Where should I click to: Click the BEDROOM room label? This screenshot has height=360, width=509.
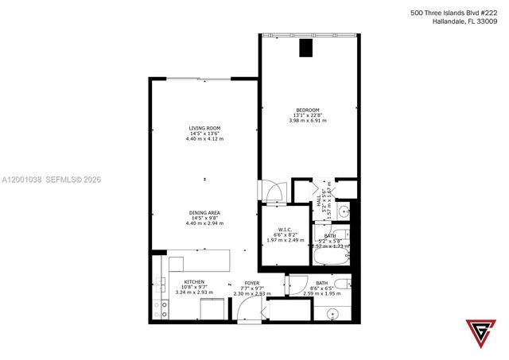308,110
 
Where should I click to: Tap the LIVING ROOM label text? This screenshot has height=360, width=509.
204,128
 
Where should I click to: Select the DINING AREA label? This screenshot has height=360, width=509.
204,212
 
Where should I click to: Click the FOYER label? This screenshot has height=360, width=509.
251,283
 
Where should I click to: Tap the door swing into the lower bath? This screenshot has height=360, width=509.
294,285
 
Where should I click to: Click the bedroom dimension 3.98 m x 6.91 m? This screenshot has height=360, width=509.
308,120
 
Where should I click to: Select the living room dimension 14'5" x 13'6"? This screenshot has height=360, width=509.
204,134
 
